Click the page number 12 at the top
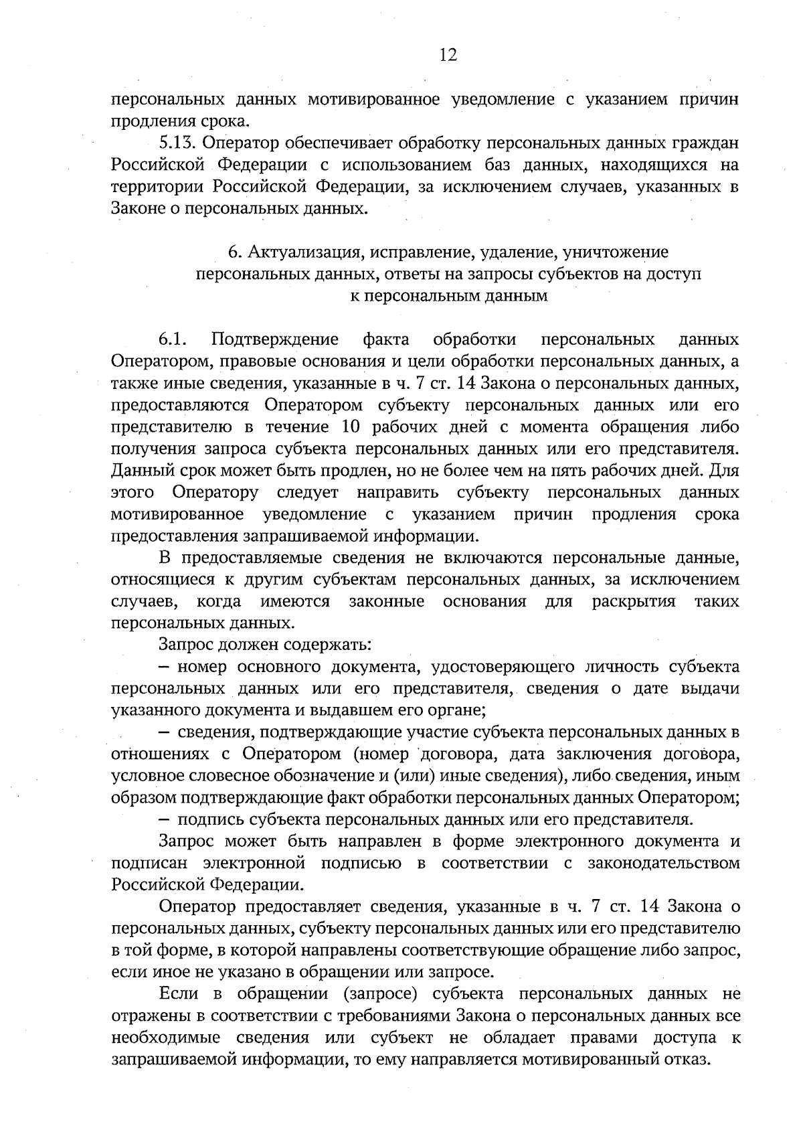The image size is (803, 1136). [x=448, y=56]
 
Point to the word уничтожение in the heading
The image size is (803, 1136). [x=616, y=252]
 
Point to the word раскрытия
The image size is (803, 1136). [x=634, y=602]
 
